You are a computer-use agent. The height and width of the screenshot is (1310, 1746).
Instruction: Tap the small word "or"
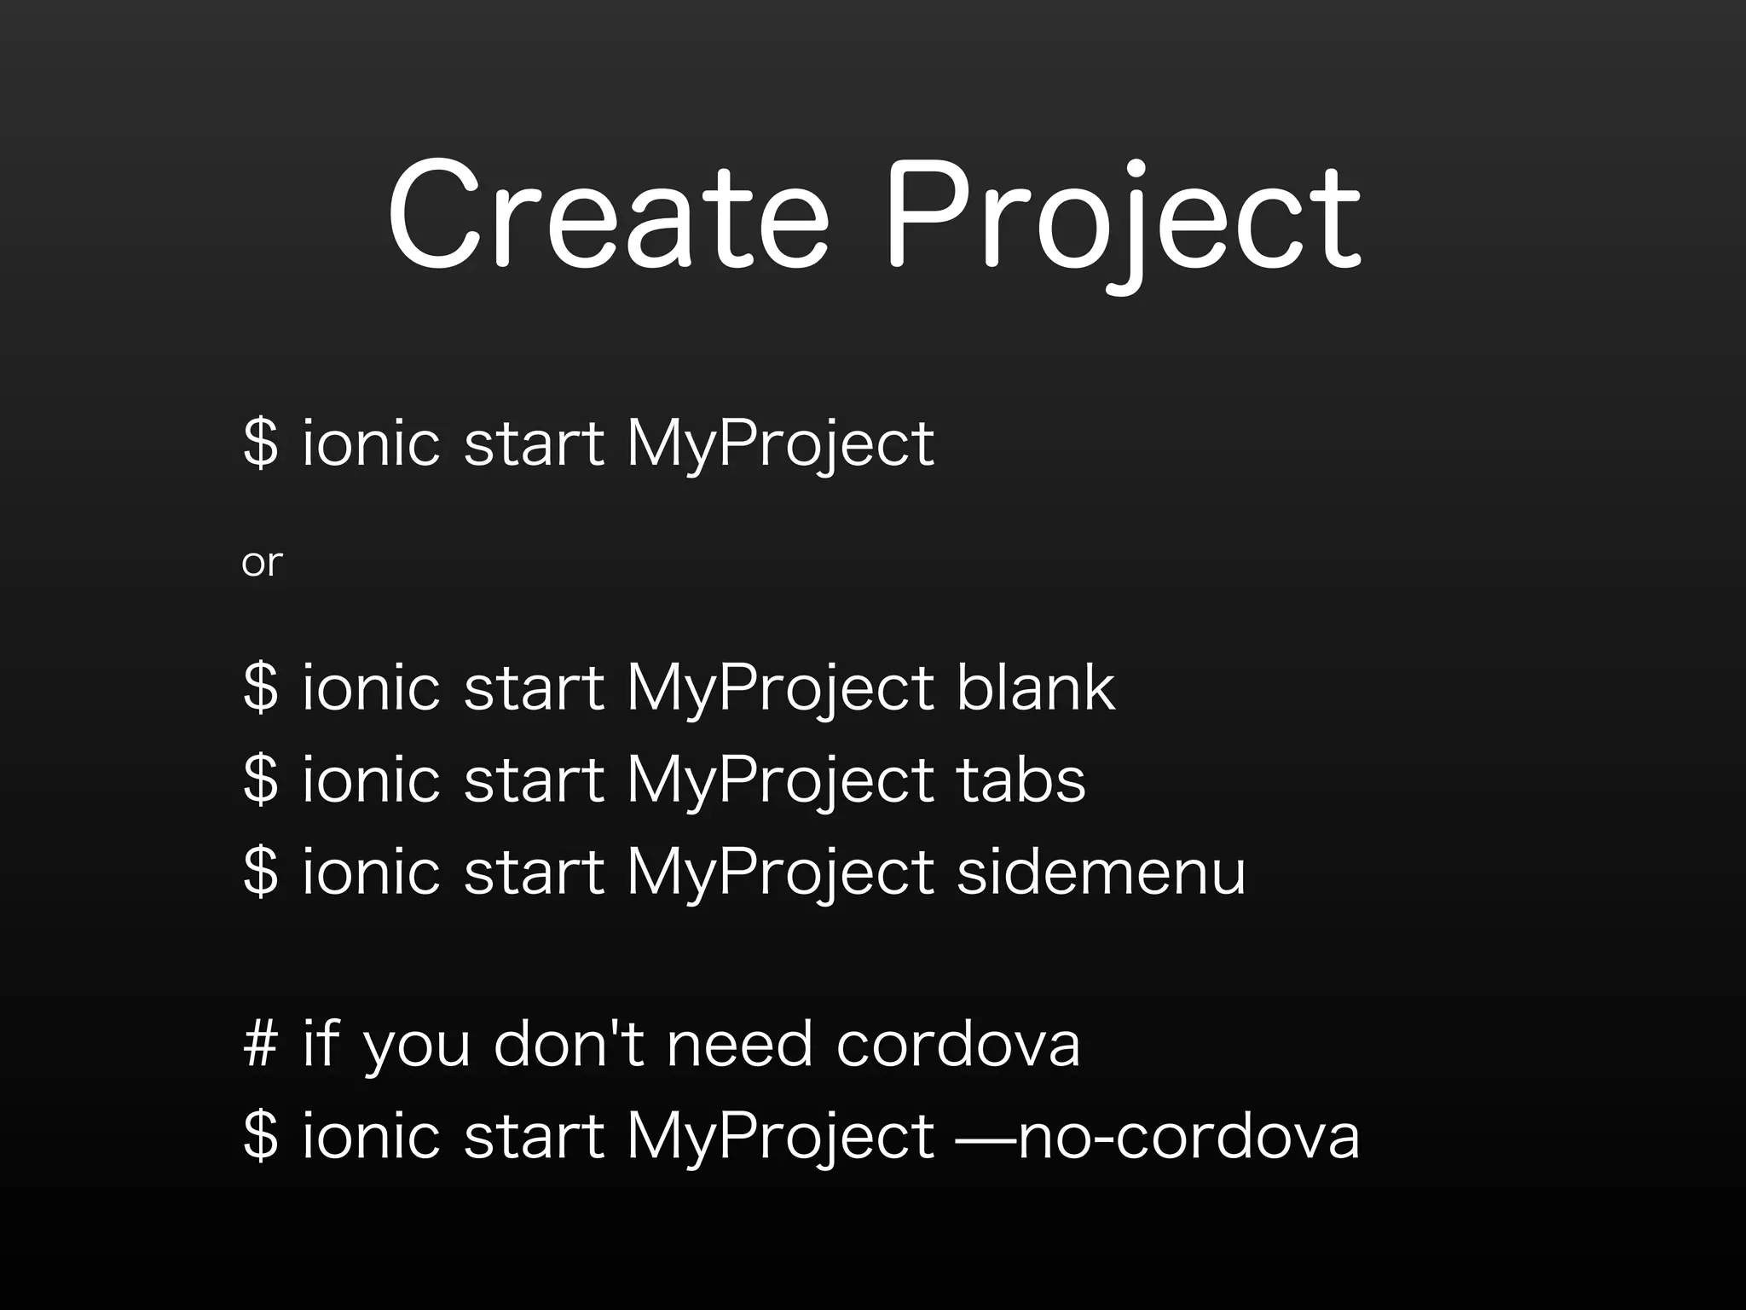261,563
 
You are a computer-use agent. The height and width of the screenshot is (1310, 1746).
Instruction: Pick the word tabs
1020,780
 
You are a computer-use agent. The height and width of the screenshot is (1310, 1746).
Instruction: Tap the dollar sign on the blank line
261,687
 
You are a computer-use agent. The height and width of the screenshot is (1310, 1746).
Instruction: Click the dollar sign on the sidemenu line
261,872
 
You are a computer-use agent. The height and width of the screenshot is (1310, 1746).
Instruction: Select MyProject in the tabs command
780,781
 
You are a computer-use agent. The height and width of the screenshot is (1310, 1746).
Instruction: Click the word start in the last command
534,1136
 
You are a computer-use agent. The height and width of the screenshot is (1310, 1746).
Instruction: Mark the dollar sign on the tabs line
261,780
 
